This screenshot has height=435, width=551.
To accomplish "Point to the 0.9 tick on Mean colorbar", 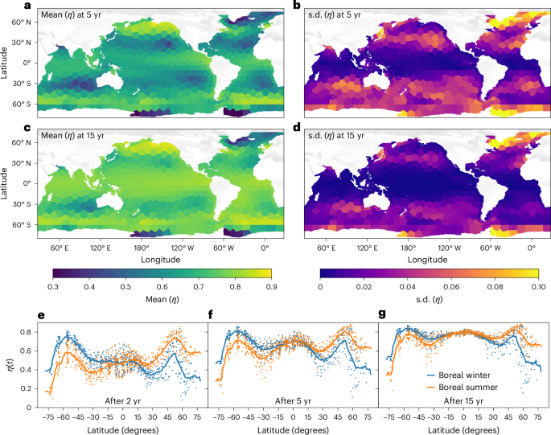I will point(271,285).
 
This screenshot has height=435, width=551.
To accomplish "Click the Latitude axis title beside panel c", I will point(6,174).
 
